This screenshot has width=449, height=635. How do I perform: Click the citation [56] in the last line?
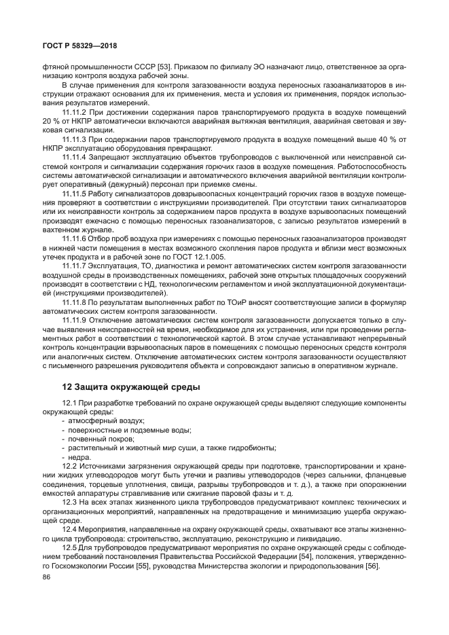point(372,566)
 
